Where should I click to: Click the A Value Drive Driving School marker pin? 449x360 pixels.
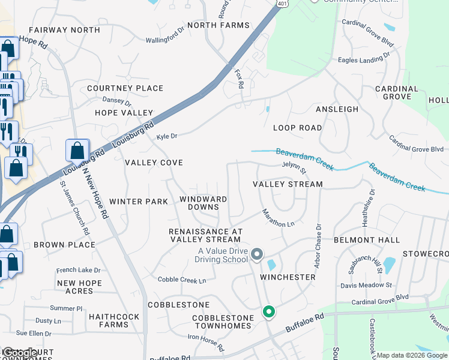tap(257, 254)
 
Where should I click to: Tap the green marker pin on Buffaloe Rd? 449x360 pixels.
tap(269, 312)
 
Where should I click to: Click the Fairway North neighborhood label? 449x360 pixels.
tap(64, 30)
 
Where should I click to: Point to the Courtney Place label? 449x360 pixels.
tap(125, 88)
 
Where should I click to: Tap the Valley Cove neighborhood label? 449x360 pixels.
tap(154, 163)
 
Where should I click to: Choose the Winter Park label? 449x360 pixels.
tap(139, 202)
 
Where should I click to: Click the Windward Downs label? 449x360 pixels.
tap(203, 203)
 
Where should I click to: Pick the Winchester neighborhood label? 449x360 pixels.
tap(288, 277)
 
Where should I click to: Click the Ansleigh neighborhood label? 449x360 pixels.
tap(337, 109)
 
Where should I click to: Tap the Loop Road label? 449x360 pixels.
tap(297, 128)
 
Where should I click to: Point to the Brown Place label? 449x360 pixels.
tap(64, 245)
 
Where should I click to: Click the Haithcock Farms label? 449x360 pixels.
tap(113, 320)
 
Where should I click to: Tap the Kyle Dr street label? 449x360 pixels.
tap(167, 137)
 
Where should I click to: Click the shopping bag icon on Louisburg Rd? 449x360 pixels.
tap(77, 150)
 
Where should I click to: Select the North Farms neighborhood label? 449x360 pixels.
tap(218, 25)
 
